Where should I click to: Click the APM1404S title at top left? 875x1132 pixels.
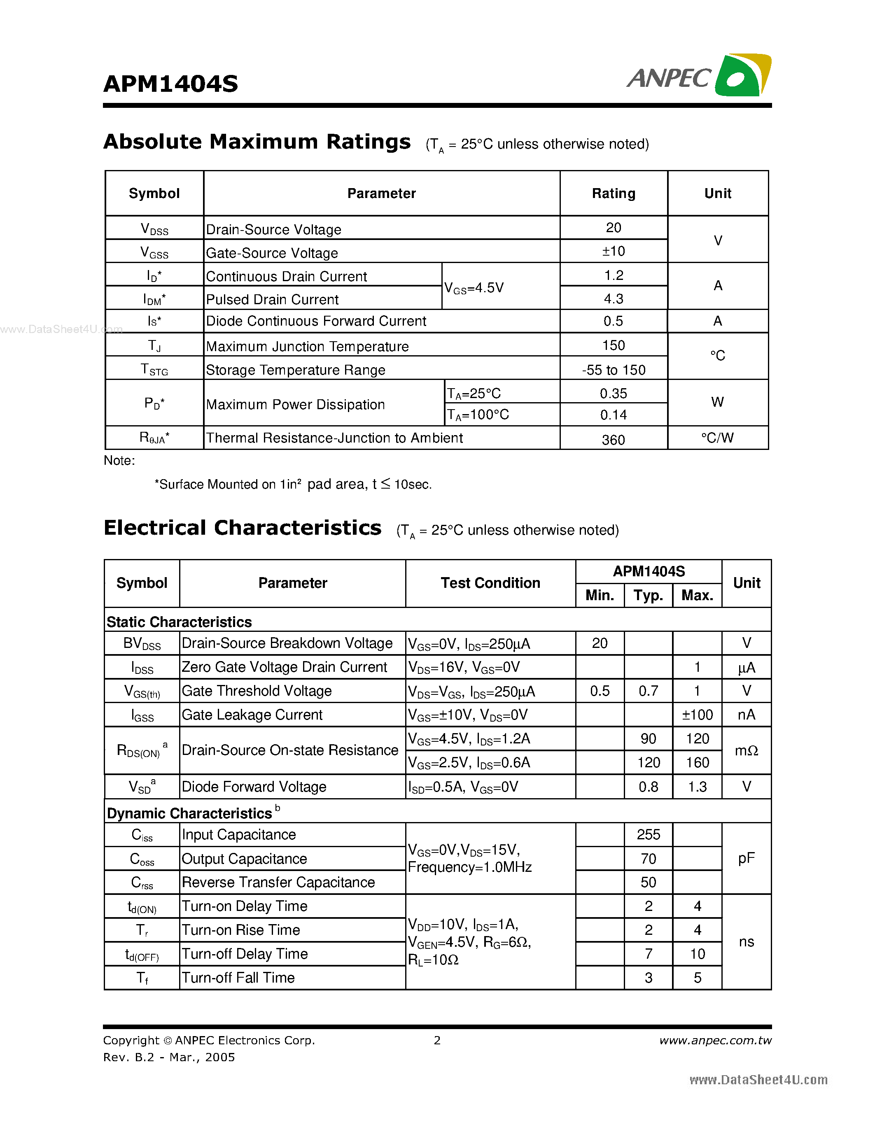coord(170,84)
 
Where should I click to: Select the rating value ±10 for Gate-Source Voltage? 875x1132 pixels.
coord(613,252)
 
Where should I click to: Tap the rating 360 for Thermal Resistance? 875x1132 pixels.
coord(613,440)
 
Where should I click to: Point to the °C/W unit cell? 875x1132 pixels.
coord(717,438)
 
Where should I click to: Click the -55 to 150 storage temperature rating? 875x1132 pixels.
coord(613,370)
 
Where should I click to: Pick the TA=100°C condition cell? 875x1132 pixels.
coord(478,415)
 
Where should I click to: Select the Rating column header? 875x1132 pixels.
coord(613,193)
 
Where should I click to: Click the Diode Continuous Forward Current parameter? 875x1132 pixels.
coord(316,321)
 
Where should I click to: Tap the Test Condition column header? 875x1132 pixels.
coord(490,583)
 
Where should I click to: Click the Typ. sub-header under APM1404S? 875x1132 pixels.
coord(648,596)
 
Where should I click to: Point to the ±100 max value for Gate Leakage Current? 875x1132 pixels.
coord(697,715)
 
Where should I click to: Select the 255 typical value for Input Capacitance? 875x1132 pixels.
coord(648,834)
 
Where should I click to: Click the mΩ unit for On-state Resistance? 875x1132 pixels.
coord(746,750)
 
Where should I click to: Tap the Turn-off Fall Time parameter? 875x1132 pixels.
coord(238,978)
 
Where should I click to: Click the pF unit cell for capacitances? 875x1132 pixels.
coord(746,858)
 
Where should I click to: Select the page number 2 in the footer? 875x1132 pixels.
coord(437,1040)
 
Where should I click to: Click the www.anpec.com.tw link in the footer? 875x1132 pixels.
coord(715,1040)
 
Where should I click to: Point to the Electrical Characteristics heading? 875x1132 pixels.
coord(242,528)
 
